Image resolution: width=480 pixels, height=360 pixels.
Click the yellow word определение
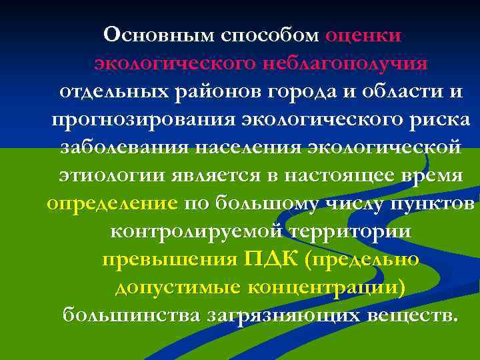[112, 204]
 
